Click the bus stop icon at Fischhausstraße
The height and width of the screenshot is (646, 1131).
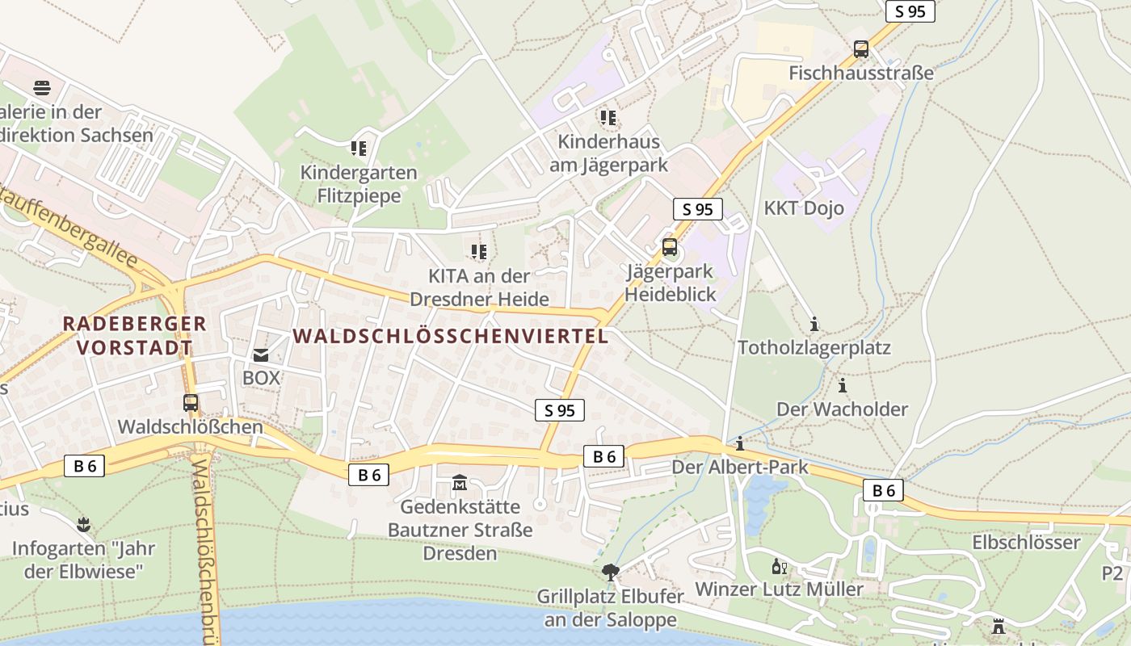[861, 49]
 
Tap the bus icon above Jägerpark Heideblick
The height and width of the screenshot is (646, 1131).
[670, 247]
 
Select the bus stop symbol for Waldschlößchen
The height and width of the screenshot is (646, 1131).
[191, 402]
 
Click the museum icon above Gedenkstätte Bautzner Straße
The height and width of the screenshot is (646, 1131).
[460, 483]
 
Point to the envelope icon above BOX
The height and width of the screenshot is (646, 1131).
[261, 354]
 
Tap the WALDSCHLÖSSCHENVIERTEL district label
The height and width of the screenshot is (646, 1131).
[451, 336]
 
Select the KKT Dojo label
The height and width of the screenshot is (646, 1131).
[804, 208]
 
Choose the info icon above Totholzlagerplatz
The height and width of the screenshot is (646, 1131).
[814, 325]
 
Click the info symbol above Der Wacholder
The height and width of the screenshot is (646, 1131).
[843, 385]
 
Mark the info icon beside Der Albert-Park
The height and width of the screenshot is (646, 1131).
[739, 443]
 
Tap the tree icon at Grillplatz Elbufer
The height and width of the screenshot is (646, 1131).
[611, 573]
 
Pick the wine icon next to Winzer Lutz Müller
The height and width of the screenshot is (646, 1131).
[779, 566]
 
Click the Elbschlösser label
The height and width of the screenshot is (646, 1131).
[1026, 542]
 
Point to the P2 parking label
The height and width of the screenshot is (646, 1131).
[1112, 573]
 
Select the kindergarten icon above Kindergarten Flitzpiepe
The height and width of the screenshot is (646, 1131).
[359, 149]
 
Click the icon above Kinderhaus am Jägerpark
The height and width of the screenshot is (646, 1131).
[608, 118]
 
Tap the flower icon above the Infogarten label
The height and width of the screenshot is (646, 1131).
[82, 525]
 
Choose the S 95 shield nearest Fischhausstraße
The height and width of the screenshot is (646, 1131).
[910, 11]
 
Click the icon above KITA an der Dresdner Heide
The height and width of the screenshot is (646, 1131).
[479, 252]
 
